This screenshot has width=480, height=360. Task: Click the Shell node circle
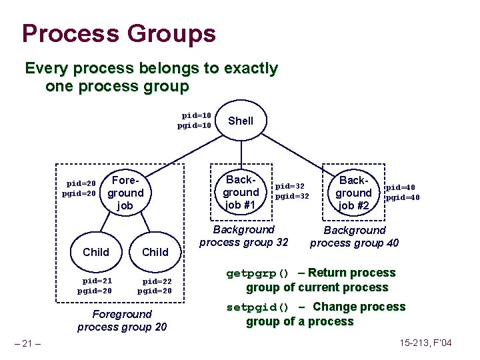point(241,121)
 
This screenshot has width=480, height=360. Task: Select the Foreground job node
point(125,193)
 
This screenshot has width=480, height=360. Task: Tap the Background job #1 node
point(241,193)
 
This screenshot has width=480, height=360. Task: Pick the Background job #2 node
point(353,193)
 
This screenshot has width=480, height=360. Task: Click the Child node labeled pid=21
point(96,251)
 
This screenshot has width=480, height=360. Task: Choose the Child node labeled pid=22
point(155,251)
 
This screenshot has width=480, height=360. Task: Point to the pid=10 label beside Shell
point(197,115)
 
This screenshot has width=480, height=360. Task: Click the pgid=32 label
point(292,196)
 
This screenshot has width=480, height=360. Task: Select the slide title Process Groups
point(119,33)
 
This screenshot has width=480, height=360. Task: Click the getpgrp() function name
point(257,273)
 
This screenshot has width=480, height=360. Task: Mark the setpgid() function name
point(257,307)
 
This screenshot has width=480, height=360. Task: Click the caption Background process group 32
point(244,235)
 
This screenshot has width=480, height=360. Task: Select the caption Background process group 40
point(355,236)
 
